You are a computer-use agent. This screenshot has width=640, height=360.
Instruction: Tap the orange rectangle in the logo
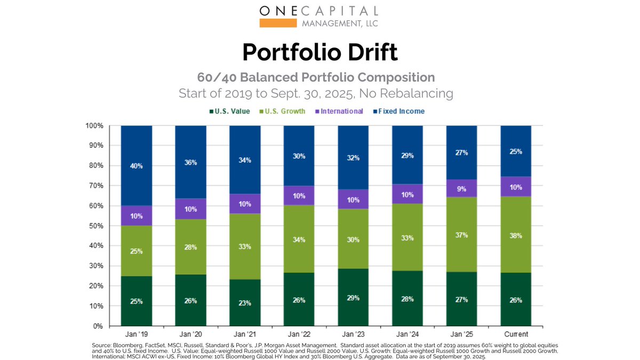coord(277,23)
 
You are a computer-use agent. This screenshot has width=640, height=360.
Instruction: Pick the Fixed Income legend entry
coord(399,111)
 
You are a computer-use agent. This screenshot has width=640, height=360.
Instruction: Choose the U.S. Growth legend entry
coord(283,111)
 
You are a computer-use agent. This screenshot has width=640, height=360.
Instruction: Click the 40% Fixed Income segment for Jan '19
coord(137,165)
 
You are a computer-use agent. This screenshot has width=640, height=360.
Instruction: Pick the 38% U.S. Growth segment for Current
coord(516,235)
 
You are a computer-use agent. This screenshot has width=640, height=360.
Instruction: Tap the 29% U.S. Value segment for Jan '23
coord(353,297)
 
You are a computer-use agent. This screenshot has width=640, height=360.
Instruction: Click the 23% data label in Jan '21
coord(245,303)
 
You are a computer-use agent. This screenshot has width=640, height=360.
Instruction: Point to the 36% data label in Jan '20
coord(190,162)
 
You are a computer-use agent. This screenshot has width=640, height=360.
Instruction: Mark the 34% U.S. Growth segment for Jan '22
coord(299,239)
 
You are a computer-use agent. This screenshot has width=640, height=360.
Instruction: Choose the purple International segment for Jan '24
coord(407,194)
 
